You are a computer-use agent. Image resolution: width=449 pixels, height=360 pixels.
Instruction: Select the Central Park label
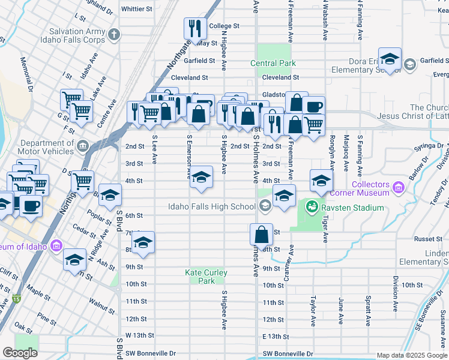pos(273,63)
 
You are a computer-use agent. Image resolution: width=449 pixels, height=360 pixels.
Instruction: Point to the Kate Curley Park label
pos(206,277)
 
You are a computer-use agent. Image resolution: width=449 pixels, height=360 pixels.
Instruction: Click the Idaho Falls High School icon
pos(264,207)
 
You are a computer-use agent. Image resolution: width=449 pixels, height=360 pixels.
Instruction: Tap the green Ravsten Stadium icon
pos(312,208)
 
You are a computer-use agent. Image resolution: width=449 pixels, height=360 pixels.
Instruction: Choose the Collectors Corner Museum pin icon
pos(397,190)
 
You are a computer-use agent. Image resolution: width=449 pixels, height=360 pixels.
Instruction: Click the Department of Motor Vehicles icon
pos(83,146)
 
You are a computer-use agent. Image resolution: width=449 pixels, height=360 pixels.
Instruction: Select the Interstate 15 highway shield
pos(16,299)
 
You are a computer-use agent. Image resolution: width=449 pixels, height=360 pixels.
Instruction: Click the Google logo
pos(20,353)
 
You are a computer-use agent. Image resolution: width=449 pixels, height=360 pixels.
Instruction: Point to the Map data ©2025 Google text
pos(411,355)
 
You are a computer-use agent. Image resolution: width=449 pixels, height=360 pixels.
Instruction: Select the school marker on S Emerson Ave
pos(201,177)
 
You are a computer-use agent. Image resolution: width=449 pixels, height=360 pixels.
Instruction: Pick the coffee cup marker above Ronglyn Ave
pos(313,107)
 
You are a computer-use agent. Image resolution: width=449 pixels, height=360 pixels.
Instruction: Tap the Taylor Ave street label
pos(313,310)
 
